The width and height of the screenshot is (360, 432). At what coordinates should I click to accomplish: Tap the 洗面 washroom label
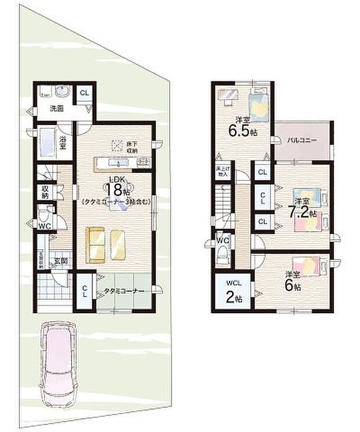coord(56,109)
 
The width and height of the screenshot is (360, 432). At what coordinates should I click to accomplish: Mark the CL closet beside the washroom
coord(84,93)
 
